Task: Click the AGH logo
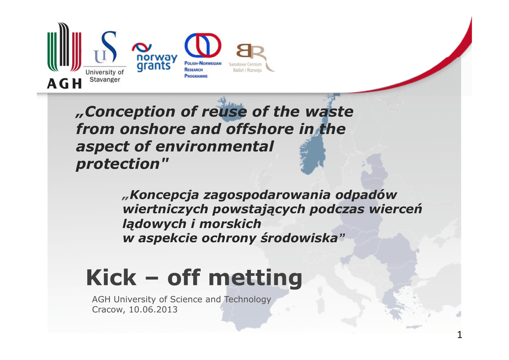pos(64,56)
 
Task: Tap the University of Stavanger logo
pos(105,57)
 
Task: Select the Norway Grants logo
pos(155,57)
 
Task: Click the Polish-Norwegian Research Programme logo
pos(203,56)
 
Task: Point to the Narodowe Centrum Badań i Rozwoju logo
pos(251,58)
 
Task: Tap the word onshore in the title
pos(153,129)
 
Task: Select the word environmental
pos(215,146)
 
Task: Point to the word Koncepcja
pos(164,195)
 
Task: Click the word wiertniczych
pos(165,209)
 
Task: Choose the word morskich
pos(230,224)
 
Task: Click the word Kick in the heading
pos(111,278)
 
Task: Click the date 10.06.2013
pos(153,309)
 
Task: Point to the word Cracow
pos(108,309)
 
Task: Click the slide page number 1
pos(459,335)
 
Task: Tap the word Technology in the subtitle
pos(248,299)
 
